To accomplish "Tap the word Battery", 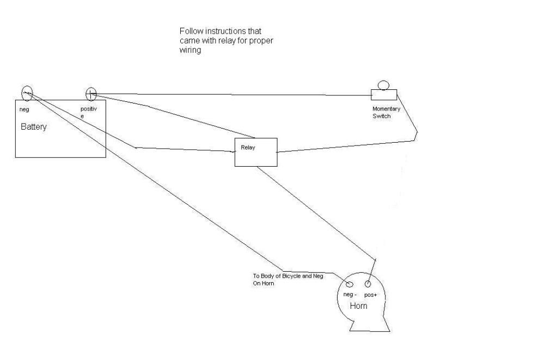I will point(34,127).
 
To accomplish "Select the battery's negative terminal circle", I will point(27,93).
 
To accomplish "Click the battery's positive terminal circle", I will point(91,94).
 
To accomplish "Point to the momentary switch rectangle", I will point(383,94).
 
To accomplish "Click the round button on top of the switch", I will point(383,84).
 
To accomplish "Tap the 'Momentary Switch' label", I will point(386,112).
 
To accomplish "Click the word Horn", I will point(358,306).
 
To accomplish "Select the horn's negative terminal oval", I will point(350,284).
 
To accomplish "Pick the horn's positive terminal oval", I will point(368,284).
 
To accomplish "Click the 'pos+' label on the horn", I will point(370,295).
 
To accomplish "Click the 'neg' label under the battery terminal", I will point(24,109).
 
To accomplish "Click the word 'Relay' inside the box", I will point(248,148).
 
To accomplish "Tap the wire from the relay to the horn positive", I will point(316,213).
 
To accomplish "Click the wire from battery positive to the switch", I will point(234,95).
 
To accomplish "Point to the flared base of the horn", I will point(370,325).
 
